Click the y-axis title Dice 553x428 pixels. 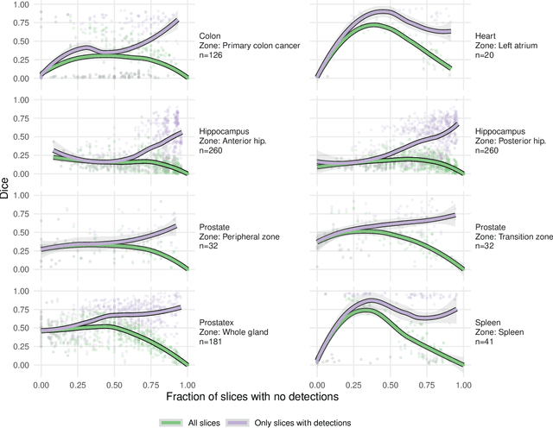tap(6, 189)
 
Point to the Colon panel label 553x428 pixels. tap(210, 35)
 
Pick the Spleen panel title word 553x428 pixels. tap(489, 319)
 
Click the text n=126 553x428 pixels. tap(213, 56)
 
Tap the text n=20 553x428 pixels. tap(486, 56)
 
